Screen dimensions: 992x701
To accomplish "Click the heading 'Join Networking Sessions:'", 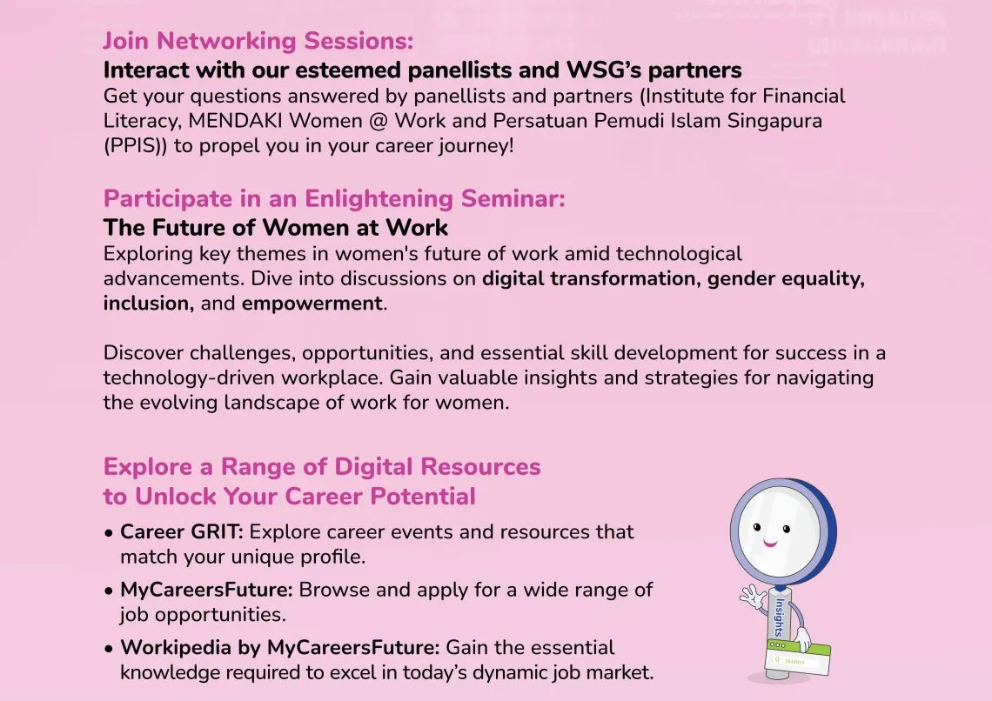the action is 258,41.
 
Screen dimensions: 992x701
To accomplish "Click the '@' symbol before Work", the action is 377,121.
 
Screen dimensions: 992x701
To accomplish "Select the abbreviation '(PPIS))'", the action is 136,146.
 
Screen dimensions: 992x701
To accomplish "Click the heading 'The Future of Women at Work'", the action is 276,228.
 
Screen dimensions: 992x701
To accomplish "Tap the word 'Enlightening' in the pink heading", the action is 379,199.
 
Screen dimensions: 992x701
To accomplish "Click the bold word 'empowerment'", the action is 312,304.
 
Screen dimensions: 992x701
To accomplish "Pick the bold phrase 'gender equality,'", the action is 786,279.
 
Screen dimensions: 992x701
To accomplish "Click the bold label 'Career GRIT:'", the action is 182,532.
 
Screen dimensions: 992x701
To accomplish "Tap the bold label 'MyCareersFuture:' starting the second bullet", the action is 207,591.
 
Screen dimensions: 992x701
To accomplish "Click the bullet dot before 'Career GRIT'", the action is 109,533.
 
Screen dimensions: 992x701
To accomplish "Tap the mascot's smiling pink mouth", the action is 770,543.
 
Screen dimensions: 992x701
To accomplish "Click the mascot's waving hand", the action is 753,595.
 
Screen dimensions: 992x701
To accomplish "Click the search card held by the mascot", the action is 798,657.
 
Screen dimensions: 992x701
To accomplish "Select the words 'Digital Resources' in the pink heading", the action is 437,467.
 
